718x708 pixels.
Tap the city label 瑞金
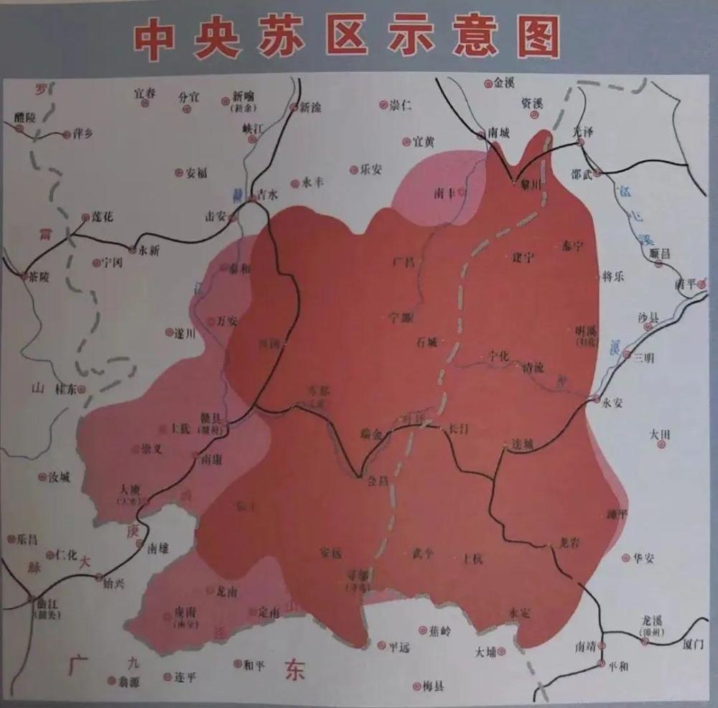pyautogui.click(x=373, y=434)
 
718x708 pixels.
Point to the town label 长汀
pyautogui.click(x=459, y=429)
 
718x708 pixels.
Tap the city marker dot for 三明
pyautogui.click(x=627, y=355)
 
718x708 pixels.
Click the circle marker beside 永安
pyautogui.click(x=596, y=399)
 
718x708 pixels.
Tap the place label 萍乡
pyautogui.click(x=83, y=134)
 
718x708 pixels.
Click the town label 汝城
pyautogui.click(x=59, y=478)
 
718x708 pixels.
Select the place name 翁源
pyautogui.click(x=130, y=681)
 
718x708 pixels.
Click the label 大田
pyautogui.click(x=659, y=434)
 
